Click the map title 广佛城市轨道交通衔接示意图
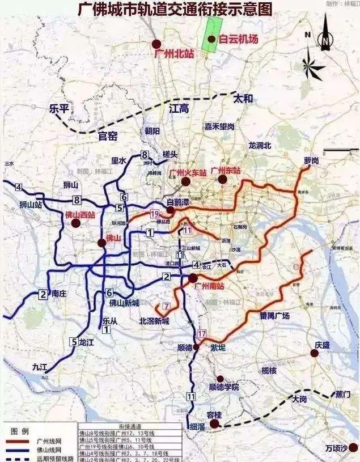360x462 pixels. click(175, 10)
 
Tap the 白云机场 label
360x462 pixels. click(239, 39)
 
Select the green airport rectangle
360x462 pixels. click(213, 35)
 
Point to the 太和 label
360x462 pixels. click(243, 99)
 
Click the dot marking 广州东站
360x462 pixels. click(222, 180)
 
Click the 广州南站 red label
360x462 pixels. click(209, 286)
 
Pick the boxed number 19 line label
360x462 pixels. click(154, 214)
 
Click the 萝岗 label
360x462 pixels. click(311, 161)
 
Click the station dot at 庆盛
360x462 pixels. click(315, 354)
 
